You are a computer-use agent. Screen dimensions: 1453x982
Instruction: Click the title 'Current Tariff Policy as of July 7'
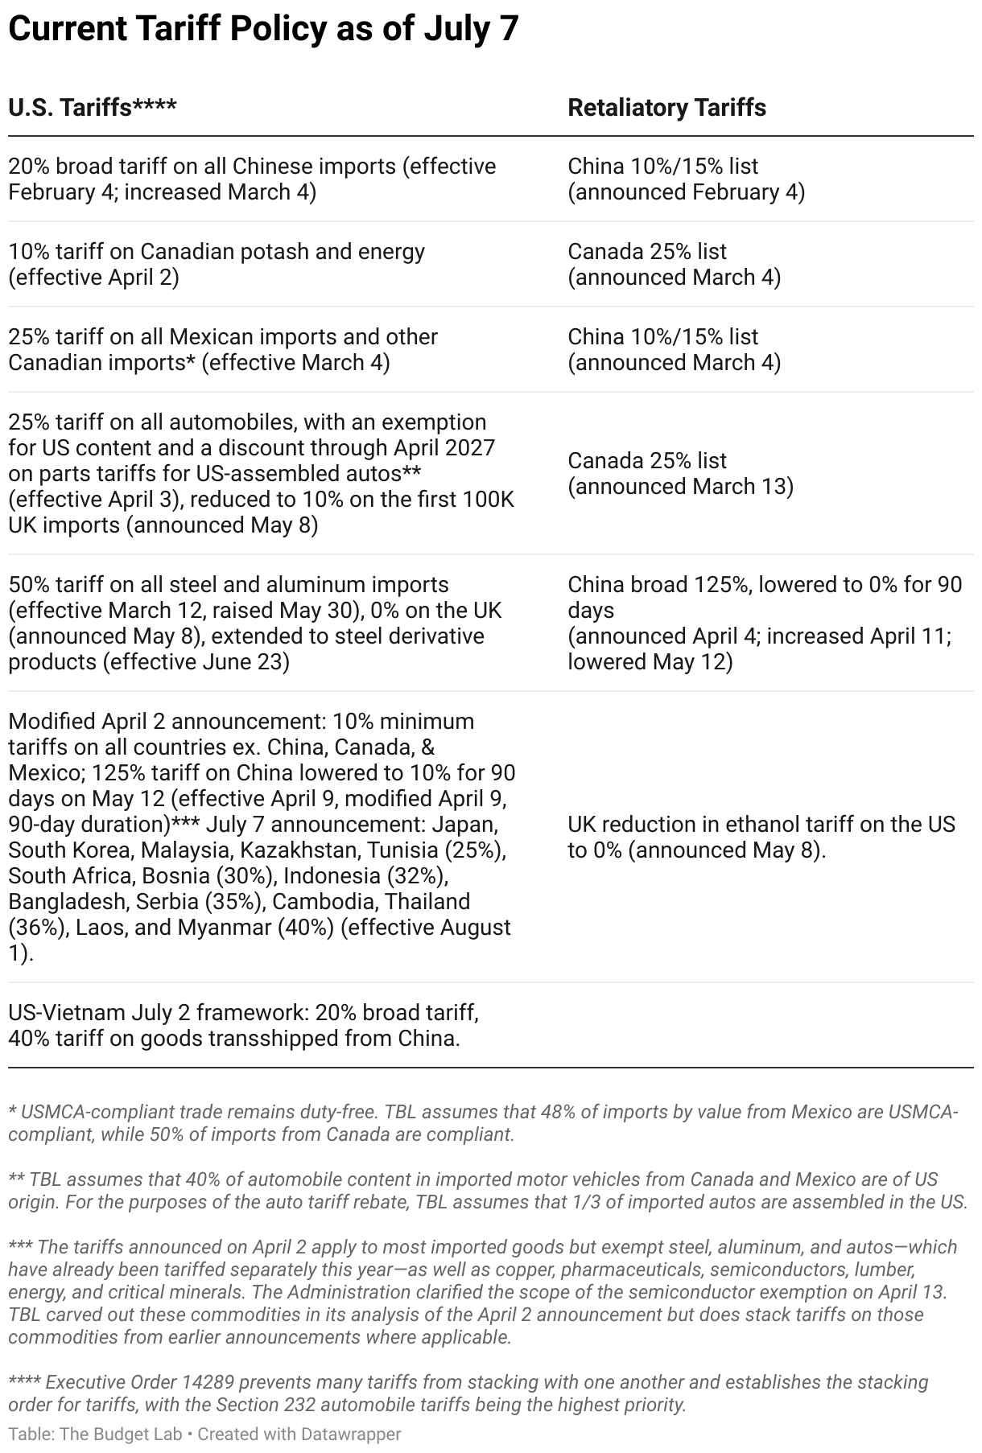point(263,30)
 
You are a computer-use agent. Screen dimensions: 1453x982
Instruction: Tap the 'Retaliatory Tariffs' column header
point(666,108)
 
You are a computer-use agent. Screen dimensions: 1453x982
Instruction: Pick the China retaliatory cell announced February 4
point(686,179)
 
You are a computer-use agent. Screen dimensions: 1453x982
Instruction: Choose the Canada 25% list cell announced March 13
point(680,473)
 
